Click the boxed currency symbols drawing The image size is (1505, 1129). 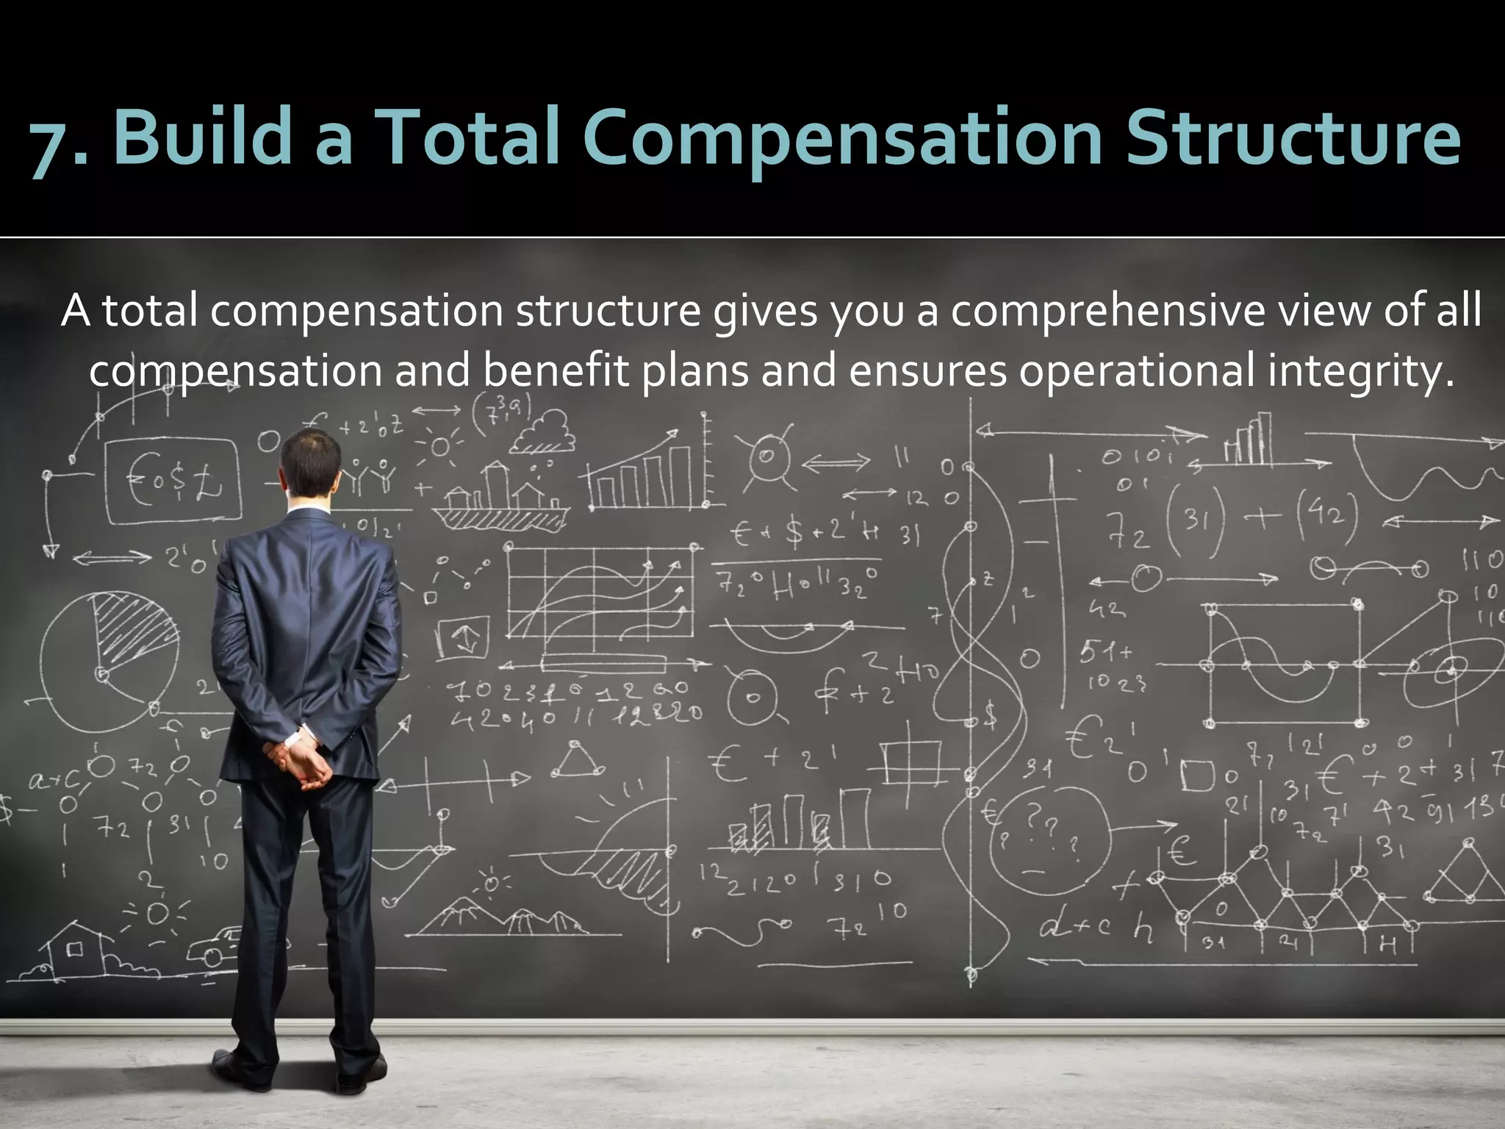click(173, 482)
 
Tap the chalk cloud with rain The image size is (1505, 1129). click(544, 434)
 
